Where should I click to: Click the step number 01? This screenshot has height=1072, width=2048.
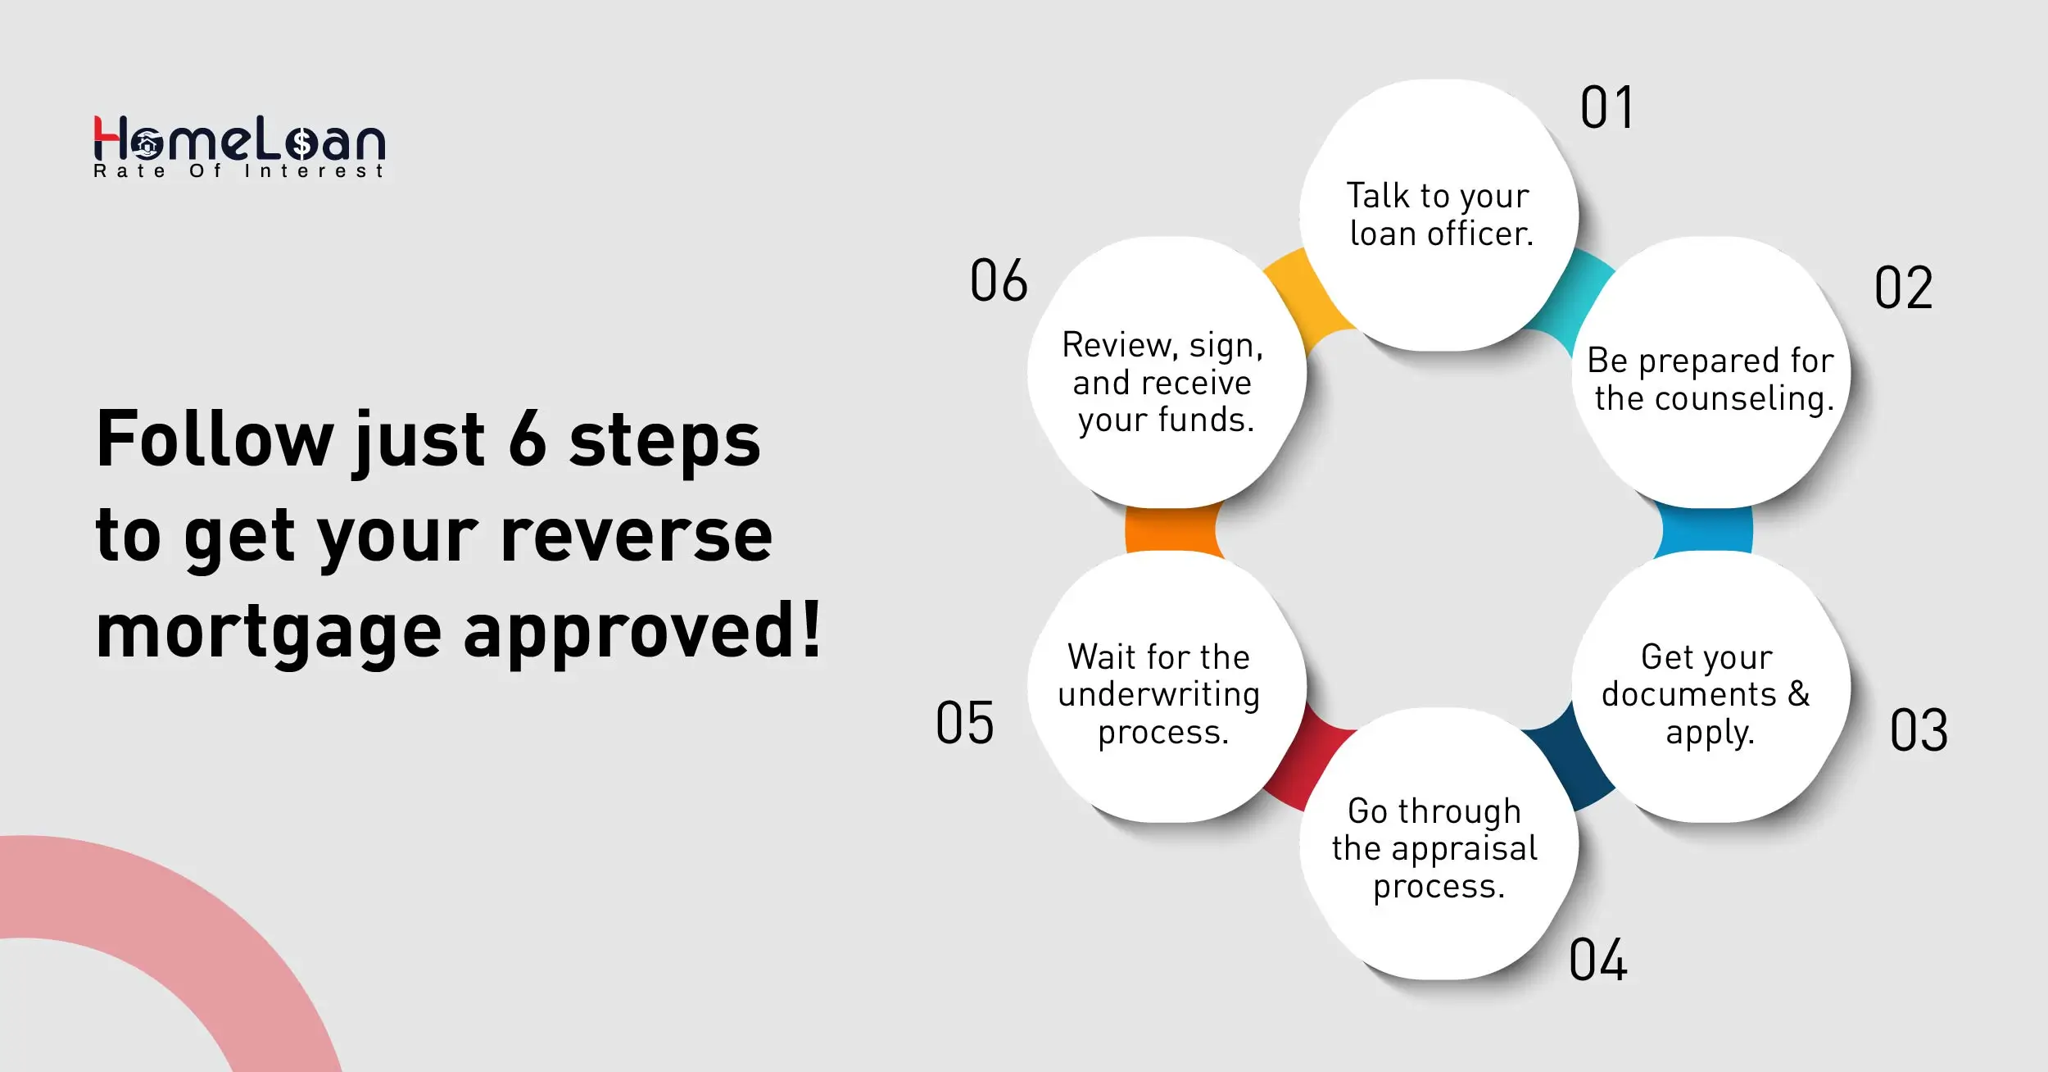click(1606, 108)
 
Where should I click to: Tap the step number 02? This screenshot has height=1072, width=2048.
click(1903, 288)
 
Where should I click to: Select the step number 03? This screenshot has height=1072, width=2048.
click(1919, 730)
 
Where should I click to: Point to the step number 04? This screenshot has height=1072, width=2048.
click(1597, 960)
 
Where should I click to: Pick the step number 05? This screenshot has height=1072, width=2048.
click(964, 723)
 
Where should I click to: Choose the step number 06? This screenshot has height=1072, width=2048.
click(998, 280)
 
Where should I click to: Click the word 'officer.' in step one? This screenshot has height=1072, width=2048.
click(1481, 234)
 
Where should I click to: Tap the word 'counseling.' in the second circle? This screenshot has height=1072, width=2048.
click(1744, 399)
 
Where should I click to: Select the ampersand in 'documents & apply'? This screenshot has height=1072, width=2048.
click(1799, 694)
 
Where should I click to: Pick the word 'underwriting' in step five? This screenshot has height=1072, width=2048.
click(1158, 694)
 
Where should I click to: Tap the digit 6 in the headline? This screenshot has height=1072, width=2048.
click(527, 439)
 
